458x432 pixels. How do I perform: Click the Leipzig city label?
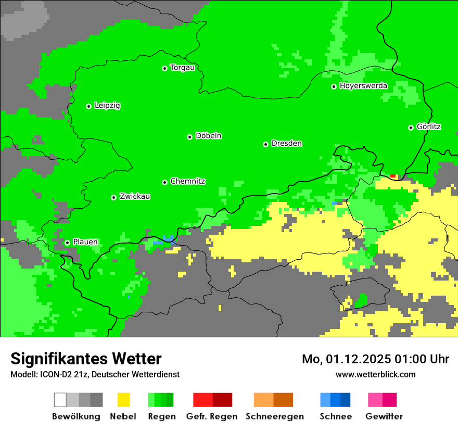point(107,106)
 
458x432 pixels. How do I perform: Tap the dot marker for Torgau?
point(164,68)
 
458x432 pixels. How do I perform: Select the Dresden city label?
point(286,144)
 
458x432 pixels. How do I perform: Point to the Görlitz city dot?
point(411,128)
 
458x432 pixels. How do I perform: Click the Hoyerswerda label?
point(363,86)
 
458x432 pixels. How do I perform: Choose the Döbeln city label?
point(208,136)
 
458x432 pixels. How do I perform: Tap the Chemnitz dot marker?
point(164,182)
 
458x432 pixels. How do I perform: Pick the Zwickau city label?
point(135,197)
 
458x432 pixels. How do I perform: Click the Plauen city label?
point(85,242)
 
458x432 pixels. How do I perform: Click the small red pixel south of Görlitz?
point(393,176)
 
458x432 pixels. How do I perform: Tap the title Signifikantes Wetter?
point(86,359)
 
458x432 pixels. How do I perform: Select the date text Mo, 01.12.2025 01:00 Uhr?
point(375,359)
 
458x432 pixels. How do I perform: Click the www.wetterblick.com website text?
point(375,375)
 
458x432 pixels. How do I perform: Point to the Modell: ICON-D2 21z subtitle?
point(95,375)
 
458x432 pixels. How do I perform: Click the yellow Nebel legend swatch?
point(123,400)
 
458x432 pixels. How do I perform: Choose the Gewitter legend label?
point(384,416)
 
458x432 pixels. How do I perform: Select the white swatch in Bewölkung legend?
point(60,400)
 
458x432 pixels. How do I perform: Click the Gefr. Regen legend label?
point(212,416)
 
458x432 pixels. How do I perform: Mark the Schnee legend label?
point(335,416)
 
